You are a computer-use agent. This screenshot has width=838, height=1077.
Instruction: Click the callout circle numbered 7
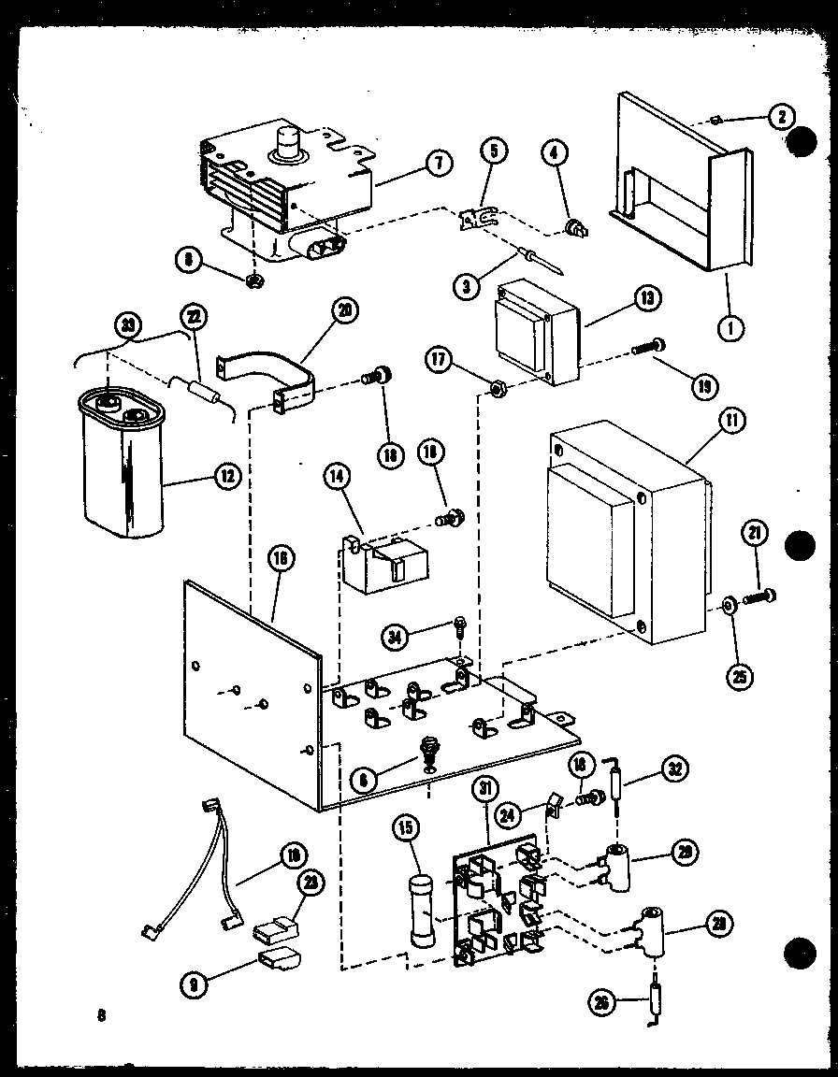click(437, 162)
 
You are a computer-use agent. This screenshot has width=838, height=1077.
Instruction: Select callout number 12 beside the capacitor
click(225, 476)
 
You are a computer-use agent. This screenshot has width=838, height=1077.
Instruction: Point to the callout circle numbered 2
click(781, 116)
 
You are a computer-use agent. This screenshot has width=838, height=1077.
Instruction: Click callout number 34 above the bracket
click(397, 638)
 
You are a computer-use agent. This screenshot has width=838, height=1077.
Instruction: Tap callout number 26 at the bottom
click(601, 1002)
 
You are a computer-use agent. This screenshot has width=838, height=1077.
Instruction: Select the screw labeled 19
click(648, 348)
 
